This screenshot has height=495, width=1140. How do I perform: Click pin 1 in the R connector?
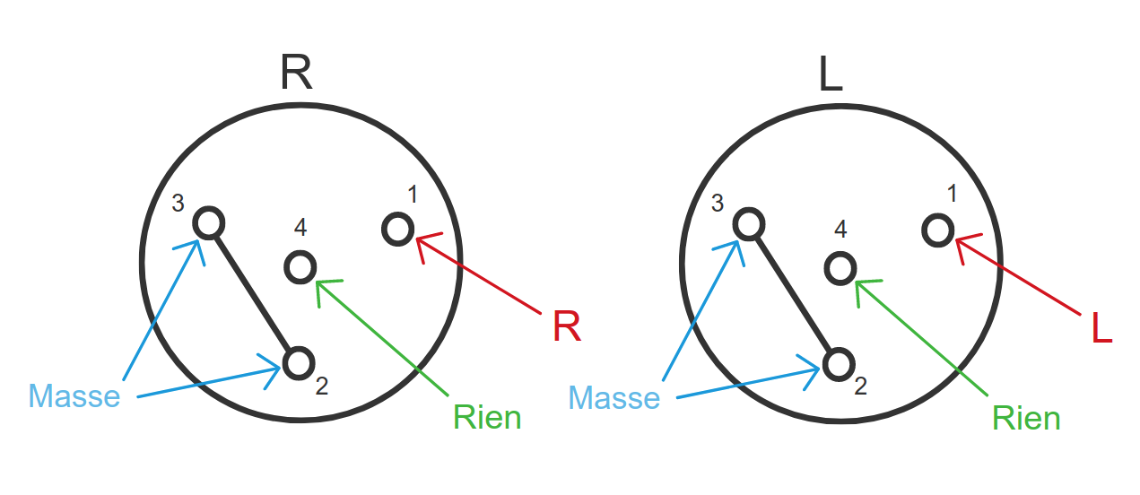397,229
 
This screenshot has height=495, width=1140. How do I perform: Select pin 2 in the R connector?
299,362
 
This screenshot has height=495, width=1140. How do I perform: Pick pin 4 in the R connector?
300,266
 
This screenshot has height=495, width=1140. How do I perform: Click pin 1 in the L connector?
937,230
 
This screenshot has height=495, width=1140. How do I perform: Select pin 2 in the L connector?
839,364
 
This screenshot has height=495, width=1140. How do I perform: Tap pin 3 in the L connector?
748,222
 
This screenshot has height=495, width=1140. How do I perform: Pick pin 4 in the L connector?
840,267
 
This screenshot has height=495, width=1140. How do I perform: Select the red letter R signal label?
567,328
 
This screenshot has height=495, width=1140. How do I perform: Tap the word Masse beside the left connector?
74,396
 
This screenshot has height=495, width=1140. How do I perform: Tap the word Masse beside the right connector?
614,397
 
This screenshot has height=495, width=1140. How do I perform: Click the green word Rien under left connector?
487,417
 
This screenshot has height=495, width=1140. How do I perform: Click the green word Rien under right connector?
1026,418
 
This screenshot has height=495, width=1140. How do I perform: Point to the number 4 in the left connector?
300,228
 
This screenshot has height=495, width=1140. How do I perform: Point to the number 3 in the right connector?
718,203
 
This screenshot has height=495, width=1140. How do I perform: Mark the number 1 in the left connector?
412,195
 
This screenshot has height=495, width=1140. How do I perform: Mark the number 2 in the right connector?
860,386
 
